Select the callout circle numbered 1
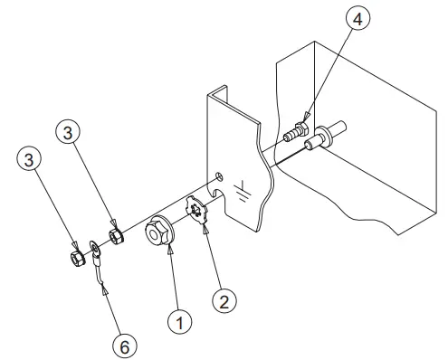[179, 319]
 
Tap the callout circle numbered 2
[222, 300]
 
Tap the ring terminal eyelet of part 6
[95, 246]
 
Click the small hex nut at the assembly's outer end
[77, 258]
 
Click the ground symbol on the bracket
[242, 189]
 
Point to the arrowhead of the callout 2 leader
[206, 233]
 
